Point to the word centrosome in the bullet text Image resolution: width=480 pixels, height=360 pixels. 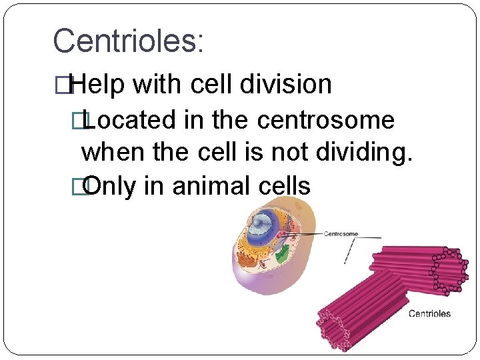325,121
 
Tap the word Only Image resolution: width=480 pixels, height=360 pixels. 109,186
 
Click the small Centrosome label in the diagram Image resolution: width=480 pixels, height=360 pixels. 341,234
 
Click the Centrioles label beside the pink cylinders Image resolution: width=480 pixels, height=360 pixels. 429,313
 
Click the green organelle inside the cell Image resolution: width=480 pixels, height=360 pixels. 283,254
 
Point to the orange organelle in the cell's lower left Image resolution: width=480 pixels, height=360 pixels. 248,260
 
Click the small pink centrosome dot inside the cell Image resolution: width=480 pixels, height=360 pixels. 283,235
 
